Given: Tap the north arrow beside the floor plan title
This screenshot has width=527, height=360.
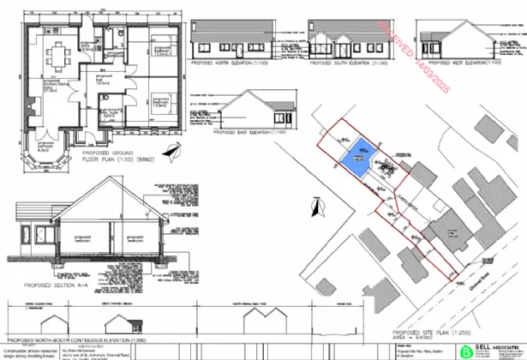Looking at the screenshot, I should [176, 151].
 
